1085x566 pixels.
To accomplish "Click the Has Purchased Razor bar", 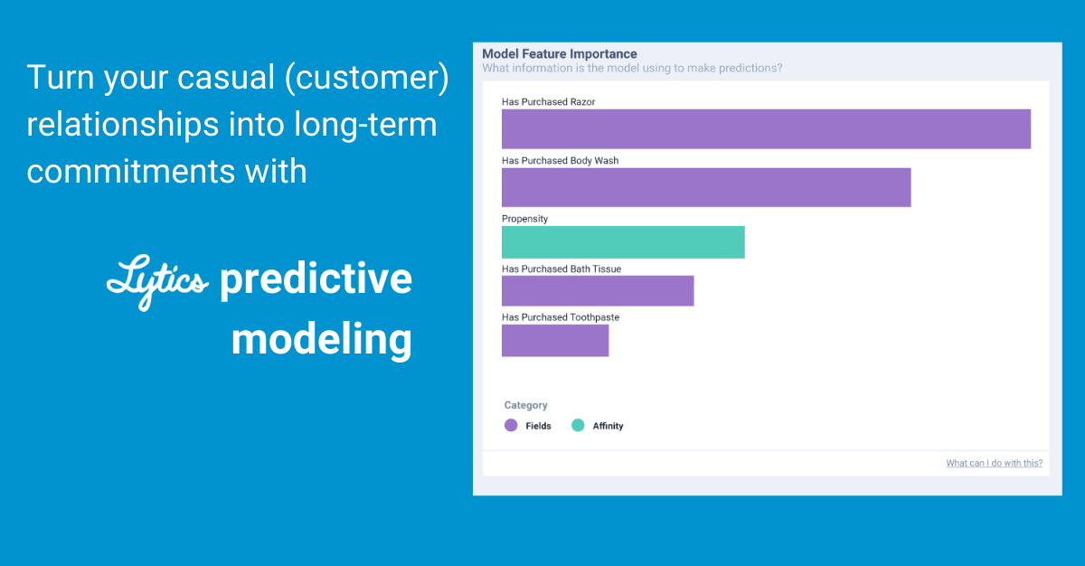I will (x=766, y=128).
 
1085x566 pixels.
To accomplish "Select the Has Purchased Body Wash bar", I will (x=706, y=187).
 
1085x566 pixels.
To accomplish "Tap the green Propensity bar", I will (x=623, y=242).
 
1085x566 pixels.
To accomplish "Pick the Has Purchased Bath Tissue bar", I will (x=598, y=291).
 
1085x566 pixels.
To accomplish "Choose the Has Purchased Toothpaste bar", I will (x=555, y=340).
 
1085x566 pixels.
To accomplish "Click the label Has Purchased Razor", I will (x=548, y=102).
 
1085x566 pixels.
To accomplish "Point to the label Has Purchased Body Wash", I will (x=560, y=161).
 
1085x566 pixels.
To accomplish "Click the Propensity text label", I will (x=524, y=219).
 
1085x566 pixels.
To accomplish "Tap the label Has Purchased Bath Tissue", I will (x=561, y=269).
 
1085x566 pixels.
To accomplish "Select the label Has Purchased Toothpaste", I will (x=560, y=317).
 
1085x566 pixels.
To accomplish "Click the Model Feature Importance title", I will (x=559, y=54).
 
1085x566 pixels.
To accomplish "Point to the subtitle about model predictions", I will (x=632, y=68).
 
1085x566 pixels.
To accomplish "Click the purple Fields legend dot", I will (x=511, y=425).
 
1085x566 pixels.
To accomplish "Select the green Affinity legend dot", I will (x=578, y=425).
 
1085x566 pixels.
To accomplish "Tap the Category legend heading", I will (x=525, y=405).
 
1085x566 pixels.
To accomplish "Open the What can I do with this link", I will (x=994, y=463).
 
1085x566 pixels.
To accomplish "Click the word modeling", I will (x=321, y=340).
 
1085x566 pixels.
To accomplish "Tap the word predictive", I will (x=316, y=279).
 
